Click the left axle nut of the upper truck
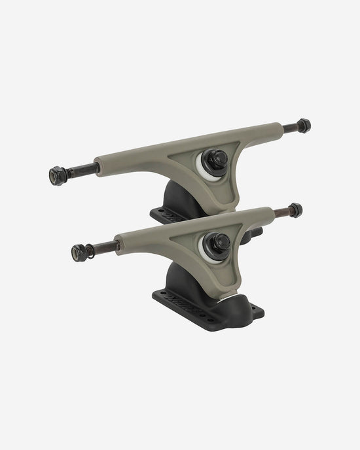click(x=56, y=175)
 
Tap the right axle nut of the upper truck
click(x=303, y=125)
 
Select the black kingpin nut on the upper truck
click(x=217, y=158)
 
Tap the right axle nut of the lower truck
click(x=295, y=210)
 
